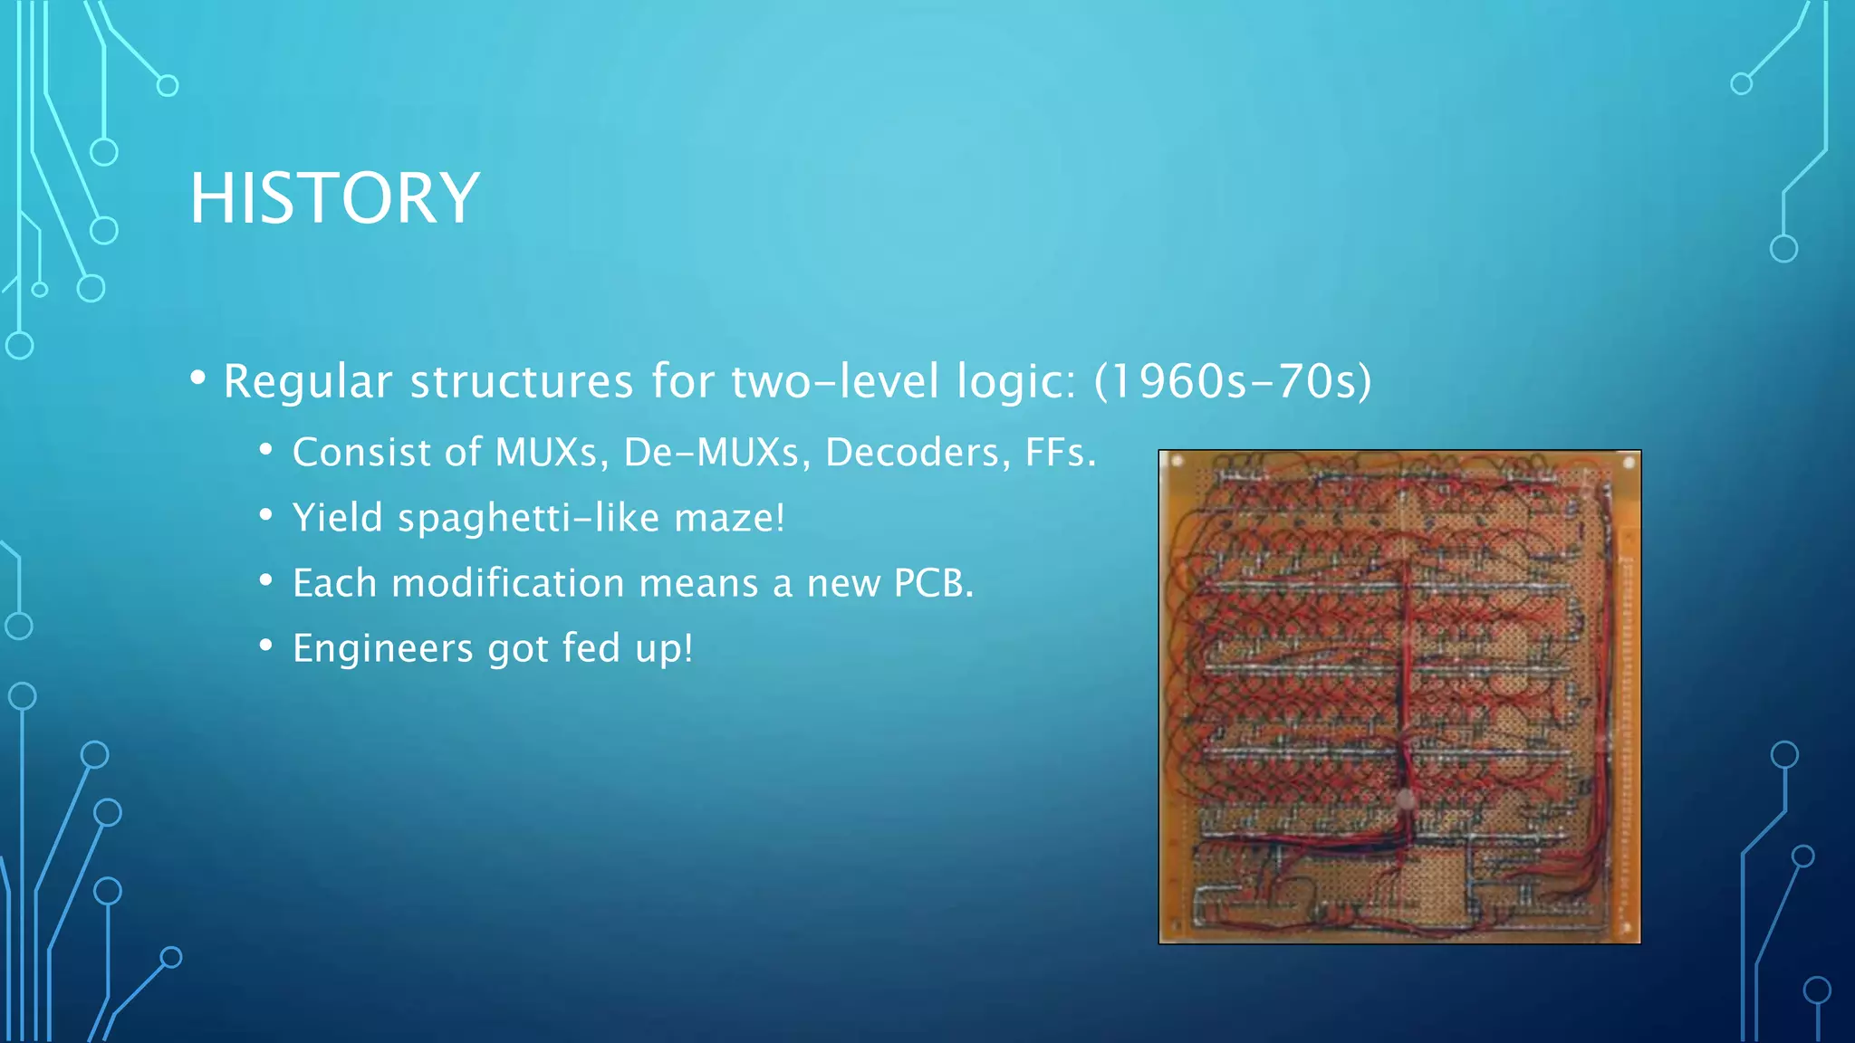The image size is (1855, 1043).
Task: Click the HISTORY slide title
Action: [334, 198]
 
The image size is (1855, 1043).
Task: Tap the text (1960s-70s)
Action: [1233, 381]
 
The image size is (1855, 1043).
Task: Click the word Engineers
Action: [383, 648]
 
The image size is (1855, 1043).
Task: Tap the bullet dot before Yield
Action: [265, 515]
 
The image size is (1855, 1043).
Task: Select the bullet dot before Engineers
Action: [265, 646]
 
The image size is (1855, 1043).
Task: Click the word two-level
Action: [834, 381]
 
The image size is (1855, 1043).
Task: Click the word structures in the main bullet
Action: [522, 381]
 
